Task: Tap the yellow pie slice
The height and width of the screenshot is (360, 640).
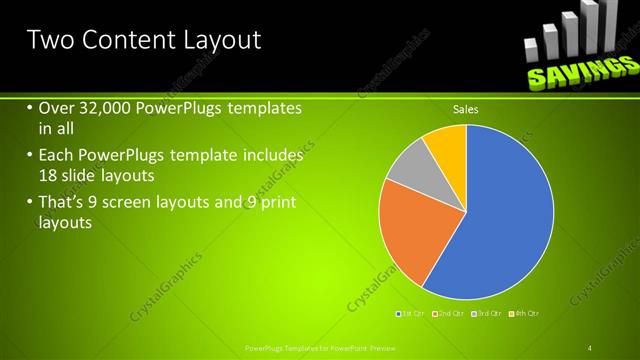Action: pyautogui.click(x=446, y=145)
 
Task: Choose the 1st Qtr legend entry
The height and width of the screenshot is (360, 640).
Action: pyautogui.click(x=412, y=314)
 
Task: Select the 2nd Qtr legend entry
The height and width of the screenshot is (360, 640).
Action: pyautogui.click(x=449, y=314)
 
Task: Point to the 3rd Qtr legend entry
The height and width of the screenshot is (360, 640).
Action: pyautogui.click(x=486, y=314)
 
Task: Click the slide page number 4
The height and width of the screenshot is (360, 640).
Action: pyautogui.click(x=590, y=348)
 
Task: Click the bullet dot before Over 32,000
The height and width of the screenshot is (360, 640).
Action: pyautogui.click(x=29, y=108)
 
